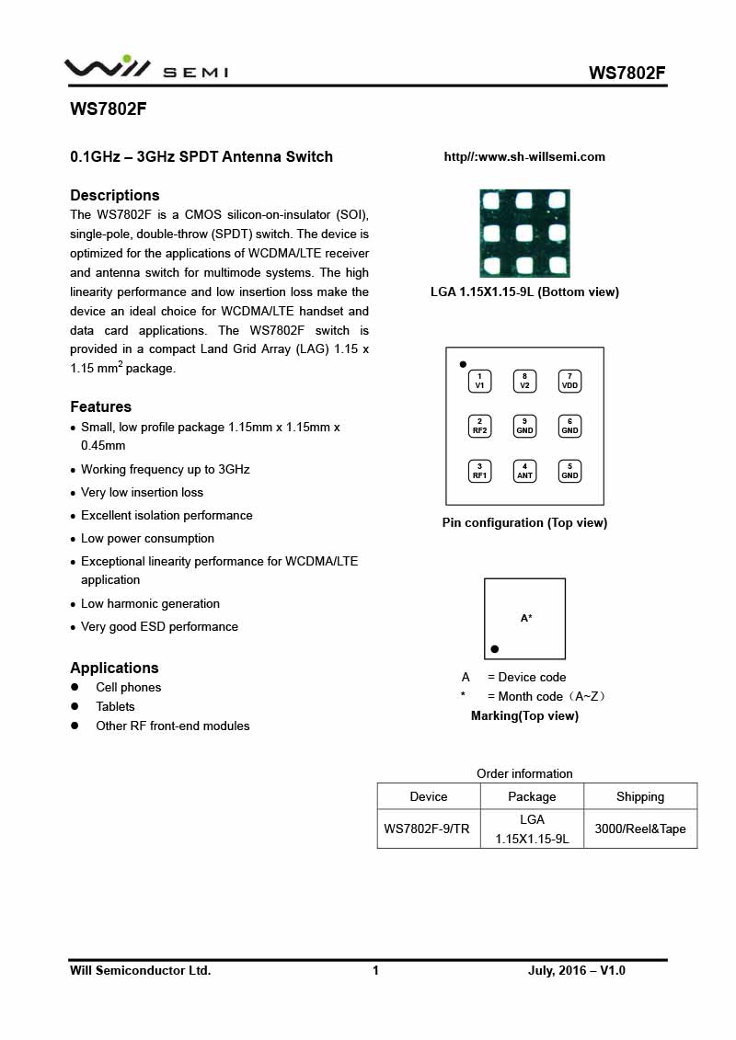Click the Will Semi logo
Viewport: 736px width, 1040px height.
click(x=145, y=68)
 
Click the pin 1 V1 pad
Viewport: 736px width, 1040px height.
click(x=479, y=382)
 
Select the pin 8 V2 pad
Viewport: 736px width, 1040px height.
click(x=524, y=382)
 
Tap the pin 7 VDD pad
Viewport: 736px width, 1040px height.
click(x=569, y=382)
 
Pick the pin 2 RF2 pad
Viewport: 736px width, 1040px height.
click(x=479, y=426)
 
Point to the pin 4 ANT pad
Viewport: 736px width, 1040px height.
click(x=524, y=471)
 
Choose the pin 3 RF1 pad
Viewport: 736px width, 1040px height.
click(x=479, y=471)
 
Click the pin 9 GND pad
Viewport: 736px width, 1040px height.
click(x=524, y=426)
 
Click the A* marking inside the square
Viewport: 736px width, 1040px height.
click(x=526, y=619)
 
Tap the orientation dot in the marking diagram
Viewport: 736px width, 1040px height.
click(x=495, y=649)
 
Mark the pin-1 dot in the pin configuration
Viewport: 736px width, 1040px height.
click(x=463, y=364)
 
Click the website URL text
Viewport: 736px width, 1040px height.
click(x=524, y=157)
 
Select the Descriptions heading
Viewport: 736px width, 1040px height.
click(x=115, y=195)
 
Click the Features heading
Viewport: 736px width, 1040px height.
click(x=101, y=406)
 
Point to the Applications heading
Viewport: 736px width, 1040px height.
click(x=114, y=668)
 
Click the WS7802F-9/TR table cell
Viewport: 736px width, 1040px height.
click(x=427, y=829)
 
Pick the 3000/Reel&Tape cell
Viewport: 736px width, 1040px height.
click(x=640, y=829)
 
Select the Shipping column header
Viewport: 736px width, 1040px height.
click(x=640, y=796)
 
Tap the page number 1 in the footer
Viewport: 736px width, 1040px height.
click(x=375, y=970)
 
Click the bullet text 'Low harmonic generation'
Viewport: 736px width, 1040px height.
click(x=150, y=603)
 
